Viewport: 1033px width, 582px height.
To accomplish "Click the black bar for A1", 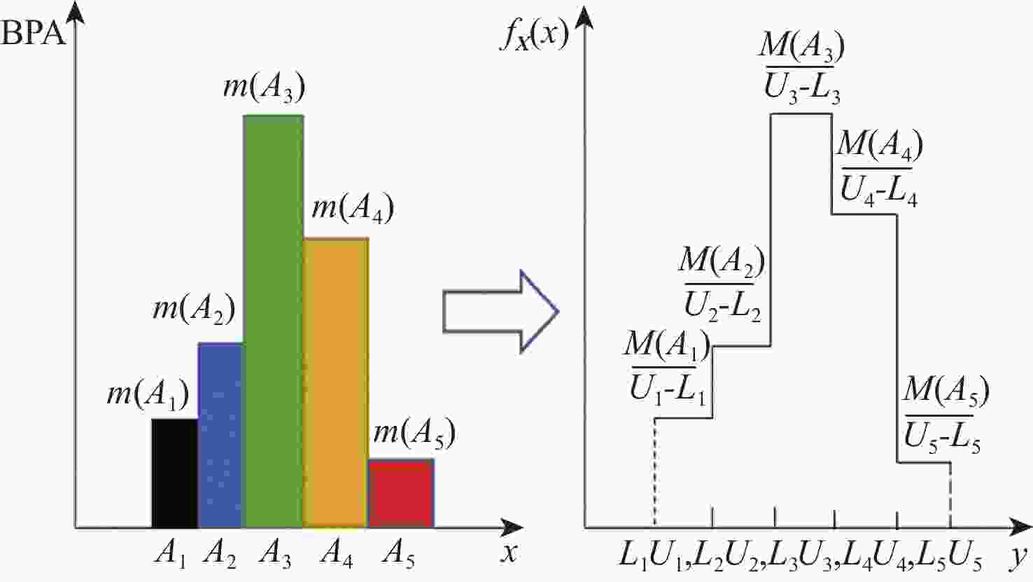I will point(174,473).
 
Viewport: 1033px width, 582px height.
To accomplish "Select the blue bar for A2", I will point(220,435).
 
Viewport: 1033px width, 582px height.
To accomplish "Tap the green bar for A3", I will point(273,321).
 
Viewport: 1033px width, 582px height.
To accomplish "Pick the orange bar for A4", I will point(336,382).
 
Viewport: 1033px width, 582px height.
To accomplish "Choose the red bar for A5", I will point(401,493).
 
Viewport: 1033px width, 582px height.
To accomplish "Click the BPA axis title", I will point(34,33).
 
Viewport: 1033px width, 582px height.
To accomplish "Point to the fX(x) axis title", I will point(533,34).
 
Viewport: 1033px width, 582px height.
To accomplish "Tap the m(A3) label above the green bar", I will point(264,88).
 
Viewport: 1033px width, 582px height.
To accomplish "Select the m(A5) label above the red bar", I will point(414,434).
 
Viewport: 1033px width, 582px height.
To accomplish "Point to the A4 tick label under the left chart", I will point(337,555).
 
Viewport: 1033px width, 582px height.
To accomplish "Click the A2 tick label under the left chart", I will point(220,555).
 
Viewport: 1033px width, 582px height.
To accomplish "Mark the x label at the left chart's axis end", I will point(510,553).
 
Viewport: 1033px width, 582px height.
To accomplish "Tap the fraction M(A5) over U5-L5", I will point(945,416).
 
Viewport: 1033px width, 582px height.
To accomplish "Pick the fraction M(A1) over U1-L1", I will point(667,366).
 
